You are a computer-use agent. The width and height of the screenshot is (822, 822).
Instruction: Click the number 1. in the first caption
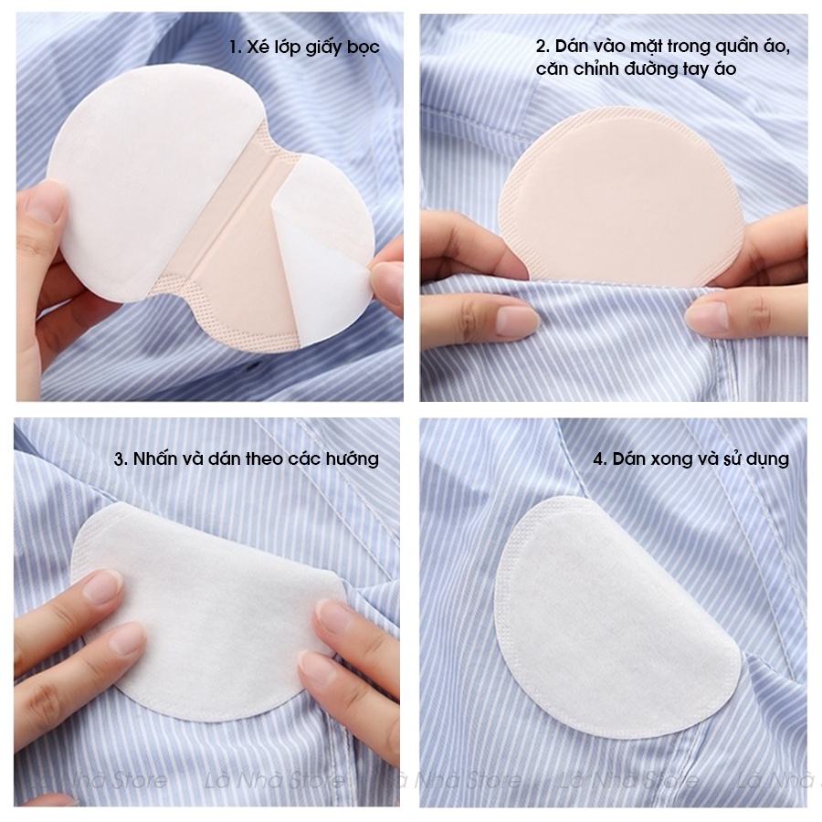236,47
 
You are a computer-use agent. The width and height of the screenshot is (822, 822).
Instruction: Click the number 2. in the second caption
543,47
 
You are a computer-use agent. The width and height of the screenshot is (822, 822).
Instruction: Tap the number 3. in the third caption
121,459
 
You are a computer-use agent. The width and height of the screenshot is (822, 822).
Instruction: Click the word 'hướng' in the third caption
353,460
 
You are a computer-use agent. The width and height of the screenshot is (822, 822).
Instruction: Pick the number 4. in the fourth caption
600,459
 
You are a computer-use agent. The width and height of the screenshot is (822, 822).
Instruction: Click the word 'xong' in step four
671,460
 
